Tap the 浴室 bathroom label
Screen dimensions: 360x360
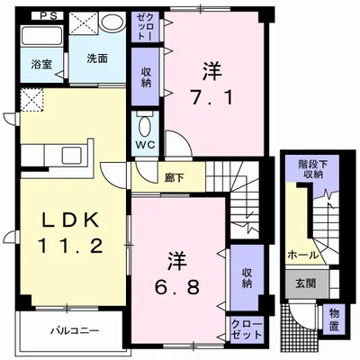point(40,65)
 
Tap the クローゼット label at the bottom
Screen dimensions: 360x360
point(244,329)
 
